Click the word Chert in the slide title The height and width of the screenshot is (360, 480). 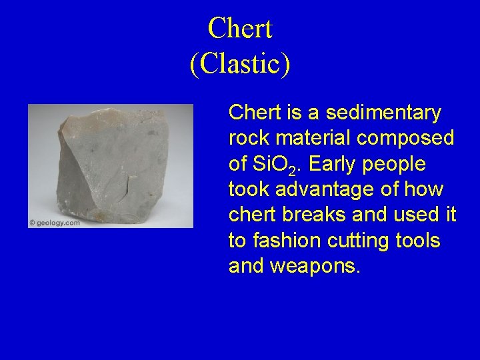coord(240,29)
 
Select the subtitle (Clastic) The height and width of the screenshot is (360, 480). coord(240,64)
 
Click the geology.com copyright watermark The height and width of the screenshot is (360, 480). coord(55,223)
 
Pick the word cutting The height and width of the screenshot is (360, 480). coord(365,241)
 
